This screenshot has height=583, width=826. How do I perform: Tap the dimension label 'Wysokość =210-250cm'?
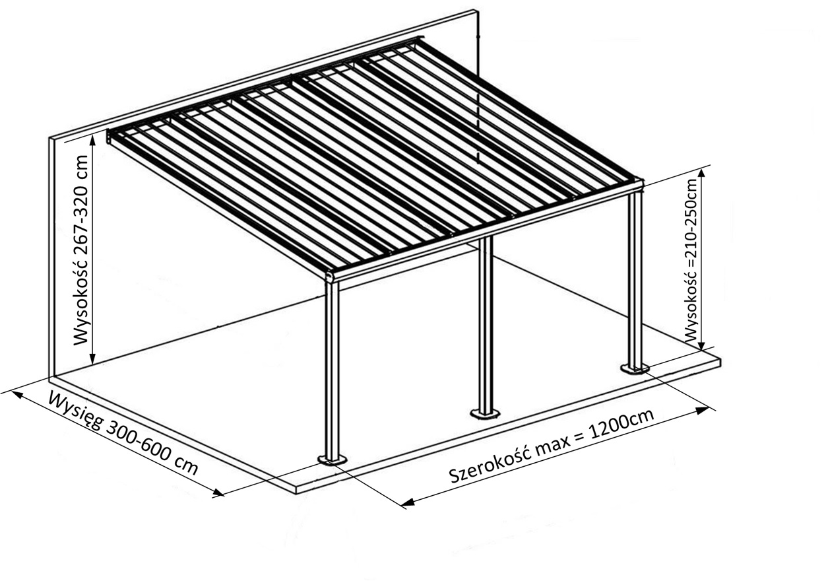[x=691, y=259]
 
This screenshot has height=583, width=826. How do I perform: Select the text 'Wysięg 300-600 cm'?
[x=123, y=433]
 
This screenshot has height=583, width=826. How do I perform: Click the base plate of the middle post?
[x=485, y=414]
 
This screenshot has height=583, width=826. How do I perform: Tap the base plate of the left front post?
[x=333, y=460]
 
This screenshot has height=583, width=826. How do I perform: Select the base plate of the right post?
[x=635, y=367]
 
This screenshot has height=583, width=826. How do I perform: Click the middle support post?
[x=486, y=324]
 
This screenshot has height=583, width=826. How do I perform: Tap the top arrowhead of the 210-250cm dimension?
[x=703, y=173]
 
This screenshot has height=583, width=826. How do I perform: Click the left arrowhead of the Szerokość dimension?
[x=408, y=504]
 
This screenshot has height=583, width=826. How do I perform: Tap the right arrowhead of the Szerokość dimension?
[x=702, y=411]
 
